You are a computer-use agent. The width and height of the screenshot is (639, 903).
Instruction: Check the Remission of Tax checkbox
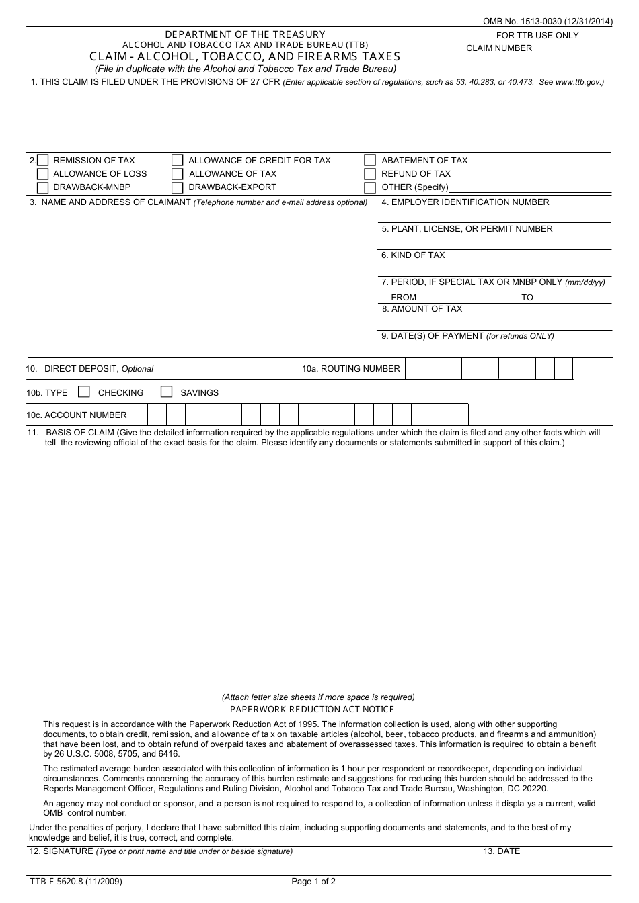click(43, 161)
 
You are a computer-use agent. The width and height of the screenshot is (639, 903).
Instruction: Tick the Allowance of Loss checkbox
click(43, 174)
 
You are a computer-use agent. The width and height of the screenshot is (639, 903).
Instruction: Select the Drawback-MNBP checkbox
click(43, 187)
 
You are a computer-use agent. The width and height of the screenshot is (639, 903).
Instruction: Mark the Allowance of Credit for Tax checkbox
click(178, 161)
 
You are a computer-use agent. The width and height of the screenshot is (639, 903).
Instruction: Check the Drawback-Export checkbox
click(178, 187)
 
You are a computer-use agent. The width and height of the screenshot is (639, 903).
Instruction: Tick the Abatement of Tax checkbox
click(370, 161)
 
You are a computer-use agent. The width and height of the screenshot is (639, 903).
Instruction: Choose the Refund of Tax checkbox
click(370, 174)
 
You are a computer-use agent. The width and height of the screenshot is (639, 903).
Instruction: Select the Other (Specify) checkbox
click(370, 187)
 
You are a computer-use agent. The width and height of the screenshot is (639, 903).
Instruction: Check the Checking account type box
click(84, 392)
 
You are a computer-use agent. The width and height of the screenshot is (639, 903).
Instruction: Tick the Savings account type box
click(167, 392)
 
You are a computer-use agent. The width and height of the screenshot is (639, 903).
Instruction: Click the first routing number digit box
click(415, 369)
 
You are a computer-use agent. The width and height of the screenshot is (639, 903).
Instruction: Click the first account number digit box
click(157, 415)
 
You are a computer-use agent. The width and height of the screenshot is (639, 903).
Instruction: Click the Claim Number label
click(499, 48)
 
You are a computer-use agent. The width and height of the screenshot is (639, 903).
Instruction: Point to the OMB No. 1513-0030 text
click(548, 21)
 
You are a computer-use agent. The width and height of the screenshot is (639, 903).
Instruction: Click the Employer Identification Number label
click(465, 202)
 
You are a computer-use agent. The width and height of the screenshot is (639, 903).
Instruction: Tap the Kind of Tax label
click(413, 255)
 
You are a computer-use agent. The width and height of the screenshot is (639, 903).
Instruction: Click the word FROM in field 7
click(404, 298)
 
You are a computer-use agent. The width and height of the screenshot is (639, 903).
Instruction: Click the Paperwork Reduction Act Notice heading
click(312, 709)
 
